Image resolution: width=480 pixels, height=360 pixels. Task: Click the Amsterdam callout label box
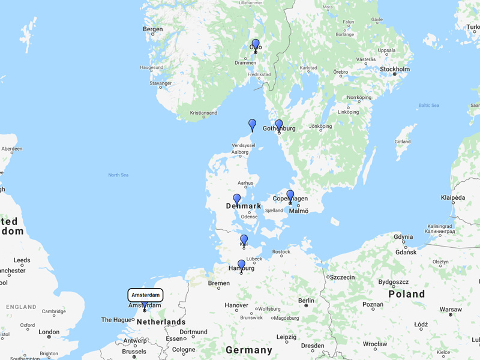point(145,295)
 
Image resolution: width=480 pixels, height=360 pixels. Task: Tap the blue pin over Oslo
point(256,44)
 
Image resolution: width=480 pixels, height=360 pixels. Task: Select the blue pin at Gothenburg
point(279,125)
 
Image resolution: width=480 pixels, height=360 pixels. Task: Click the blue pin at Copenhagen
point(290,195)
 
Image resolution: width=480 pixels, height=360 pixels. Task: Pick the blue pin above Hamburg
point(241,265)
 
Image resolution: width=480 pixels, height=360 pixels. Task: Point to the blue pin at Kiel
point(244,239)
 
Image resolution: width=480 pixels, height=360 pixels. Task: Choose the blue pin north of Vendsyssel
point(253,124)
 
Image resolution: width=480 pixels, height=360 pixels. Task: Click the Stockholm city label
point(394,69)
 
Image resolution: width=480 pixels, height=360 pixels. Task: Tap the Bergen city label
point(152,29)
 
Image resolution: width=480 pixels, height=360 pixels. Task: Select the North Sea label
point(118,175)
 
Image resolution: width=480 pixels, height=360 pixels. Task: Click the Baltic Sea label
point(429,106)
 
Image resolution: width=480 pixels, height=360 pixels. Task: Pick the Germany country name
point(248,350)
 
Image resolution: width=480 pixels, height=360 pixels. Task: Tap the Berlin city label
point(306,301)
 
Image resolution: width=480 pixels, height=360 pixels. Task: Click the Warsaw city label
point(451,310)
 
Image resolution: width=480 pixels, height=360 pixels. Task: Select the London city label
point(49,332)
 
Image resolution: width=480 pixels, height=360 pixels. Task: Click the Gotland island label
point(404,141)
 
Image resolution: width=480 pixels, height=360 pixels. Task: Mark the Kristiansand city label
point(203,113)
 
